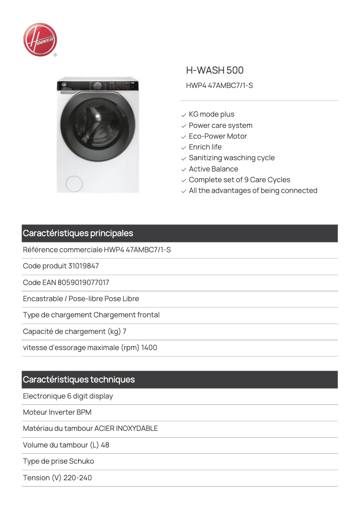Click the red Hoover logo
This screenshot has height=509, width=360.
pos(40,40)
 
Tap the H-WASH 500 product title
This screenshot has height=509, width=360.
pos(215,70)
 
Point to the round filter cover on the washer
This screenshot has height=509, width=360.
pos(74,184)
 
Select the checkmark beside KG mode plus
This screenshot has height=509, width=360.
pos(184,115)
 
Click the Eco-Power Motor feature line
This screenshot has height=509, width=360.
pos(218,136)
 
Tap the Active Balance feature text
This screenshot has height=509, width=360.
pos(213,169)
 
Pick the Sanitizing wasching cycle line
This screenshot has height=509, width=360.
pos(232,158)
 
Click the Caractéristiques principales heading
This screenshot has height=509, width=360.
pos(78,233)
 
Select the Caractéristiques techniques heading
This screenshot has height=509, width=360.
pos(79,380)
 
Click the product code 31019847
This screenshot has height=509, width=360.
pos(83,266)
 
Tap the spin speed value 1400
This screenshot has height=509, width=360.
pos(149,348)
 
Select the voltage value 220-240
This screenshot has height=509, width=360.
pos(78,478)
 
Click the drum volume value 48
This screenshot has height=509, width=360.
pos(105,445)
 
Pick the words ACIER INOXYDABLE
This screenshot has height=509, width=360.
pos(126,429)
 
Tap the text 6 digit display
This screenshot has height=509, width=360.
pos(90,396)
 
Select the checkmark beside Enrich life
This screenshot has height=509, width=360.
pos(184,148)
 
